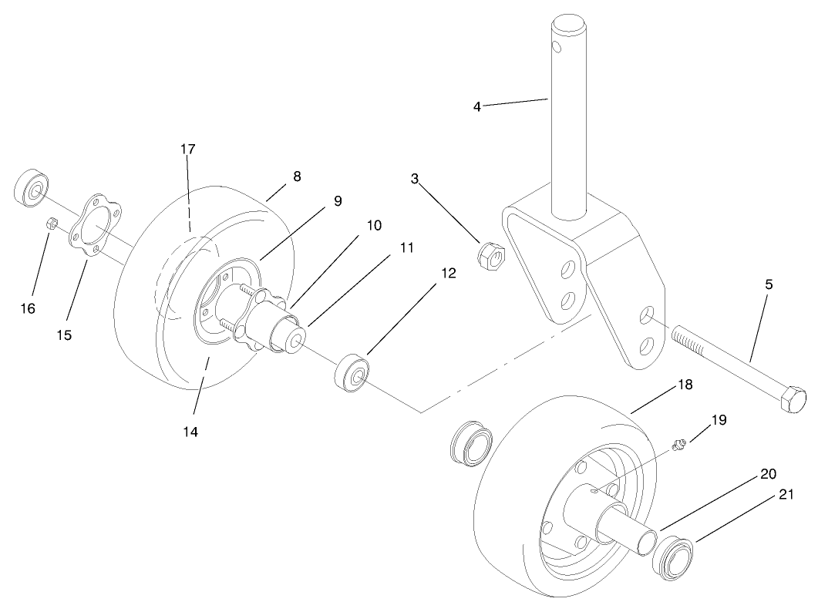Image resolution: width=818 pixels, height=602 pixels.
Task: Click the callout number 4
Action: coord(476,106)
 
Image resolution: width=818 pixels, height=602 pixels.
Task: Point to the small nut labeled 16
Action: coord(49,224)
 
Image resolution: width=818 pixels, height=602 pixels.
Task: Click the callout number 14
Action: coord(190,432)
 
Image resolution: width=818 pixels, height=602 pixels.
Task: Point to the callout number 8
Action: coord(297,176)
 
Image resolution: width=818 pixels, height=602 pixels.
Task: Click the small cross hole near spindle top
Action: coord(557,52)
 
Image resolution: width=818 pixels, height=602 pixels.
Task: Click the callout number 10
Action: coord(374,226)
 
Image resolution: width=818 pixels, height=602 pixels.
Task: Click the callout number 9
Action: coord(338,200)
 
